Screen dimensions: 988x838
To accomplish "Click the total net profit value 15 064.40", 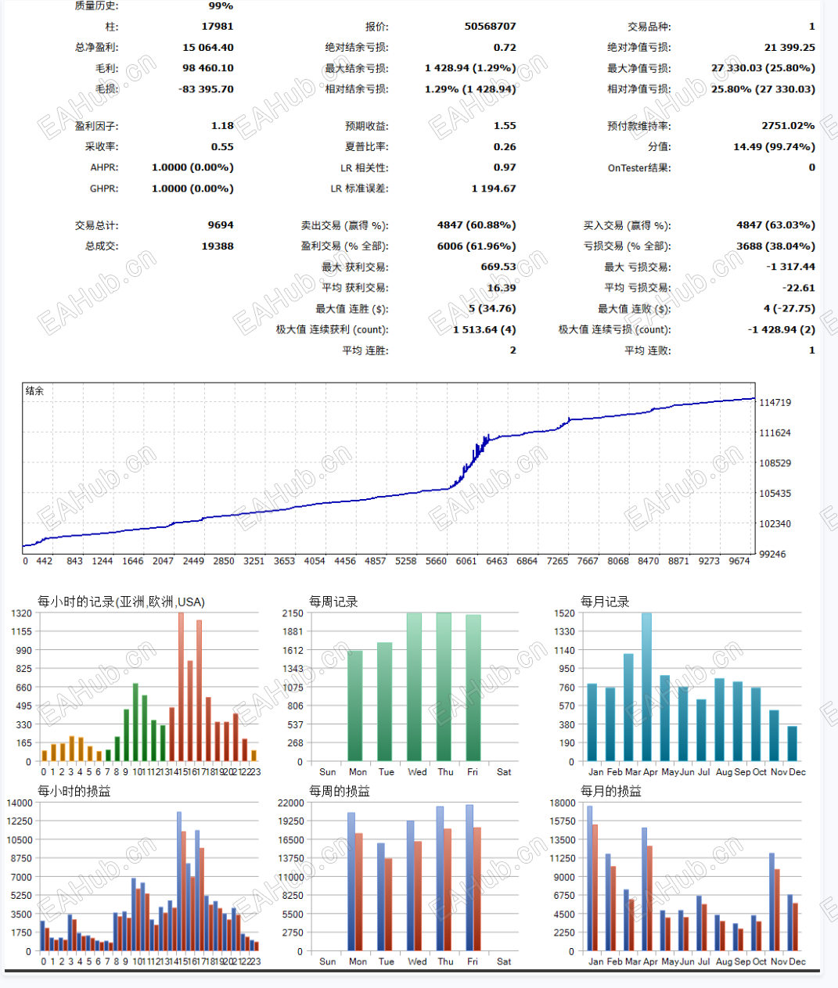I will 207,48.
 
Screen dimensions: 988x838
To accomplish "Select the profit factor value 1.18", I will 222,126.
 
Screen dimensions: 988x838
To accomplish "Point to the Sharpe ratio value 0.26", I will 504,147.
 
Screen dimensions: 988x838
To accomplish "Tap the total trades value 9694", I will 220,225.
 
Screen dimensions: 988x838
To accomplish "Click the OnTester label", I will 638,168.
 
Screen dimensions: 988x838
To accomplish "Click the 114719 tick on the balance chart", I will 775,403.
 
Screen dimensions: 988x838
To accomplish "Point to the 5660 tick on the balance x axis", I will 436,561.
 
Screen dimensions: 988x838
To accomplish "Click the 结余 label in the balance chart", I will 34,391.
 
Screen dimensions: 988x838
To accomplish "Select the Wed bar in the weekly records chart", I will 414,687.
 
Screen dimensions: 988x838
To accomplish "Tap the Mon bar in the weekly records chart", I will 355,706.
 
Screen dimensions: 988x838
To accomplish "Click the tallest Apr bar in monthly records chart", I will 646,687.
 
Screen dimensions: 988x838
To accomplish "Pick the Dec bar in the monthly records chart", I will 793,743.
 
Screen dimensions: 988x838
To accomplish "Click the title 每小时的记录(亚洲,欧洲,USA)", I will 121,602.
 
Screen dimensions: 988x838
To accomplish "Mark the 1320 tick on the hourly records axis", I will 22,613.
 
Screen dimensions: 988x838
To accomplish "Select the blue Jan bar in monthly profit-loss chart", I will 589,878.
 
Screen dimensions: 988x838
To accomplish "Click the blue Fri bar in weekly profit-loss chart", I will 469,878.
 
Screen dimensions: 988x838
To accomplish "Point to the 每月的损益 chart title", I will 610,792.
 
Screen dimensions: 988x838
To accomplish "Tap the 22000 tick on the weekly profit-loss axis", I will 290,803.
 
